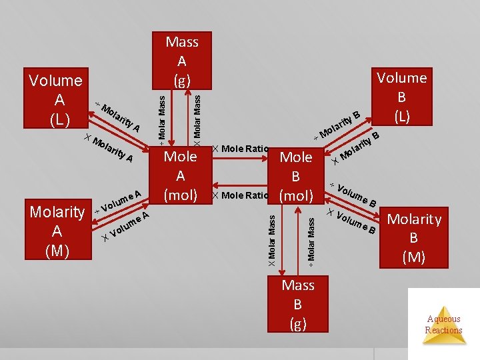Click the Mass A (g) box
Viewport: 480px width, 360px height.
click(x=182, y=61)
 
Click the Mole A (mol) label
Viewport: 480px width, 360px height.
click(x=180, y=175)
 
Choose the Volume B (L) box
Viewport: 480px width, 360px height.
click(x=401, y=97)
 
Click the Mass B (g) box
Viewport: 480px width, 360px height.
click(x=298, y=305)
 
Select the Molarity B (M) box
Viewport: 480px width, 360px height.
click(x=414, y=238)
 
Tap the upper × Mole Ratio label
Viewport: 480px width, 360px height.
click(x=241, y=148)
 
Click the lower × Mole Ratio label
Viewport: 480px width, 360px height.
click(x=241, y=195)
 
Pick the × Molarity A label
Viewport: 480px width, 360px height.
click(x=111, y=148)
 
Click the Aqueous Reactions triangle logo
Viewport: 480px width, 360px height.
click(x=443, y=324)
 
